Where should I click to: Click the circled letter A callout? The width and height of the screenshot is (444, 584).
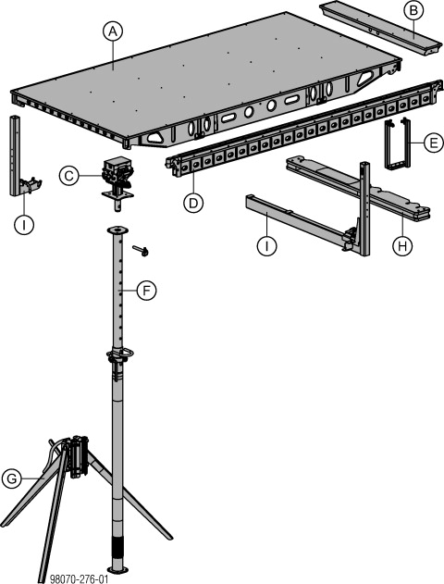[x=112, y=31]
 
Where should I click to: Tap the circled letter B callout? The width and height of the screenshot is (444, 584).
[x=414, y=11]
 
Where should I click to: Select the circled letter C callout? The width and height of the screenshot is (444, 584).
[x=68, y=174]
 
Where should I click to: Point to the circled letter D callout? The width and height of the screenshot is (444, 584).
[x=192, y=203]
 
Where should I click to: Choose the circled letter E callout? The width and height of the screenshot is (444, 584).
[x=430, y=143]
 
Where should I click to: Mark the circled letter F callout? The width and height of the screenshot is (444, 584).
[x=145, y=291]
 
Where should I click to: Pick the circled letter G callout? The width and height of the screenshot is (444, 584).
[x=12, y=478]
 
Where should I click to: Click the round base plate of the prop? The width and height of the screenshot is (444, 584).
[x=117, y=566]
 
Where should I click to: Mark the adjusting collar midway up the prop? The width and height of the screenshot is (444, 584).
[x=117, y=355]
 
